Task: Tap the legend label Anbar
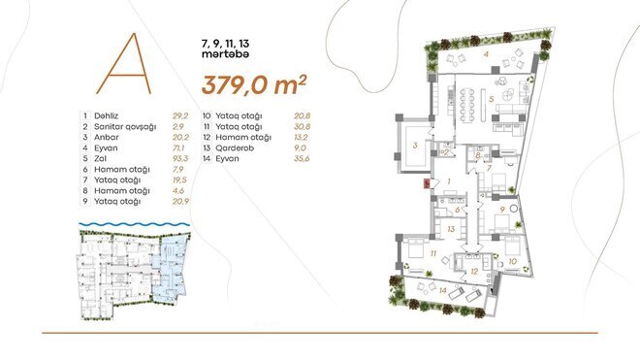point(106,135)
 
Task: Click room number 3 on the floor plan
point(414,147)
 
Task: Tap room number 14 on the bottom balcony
point(442,289)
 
